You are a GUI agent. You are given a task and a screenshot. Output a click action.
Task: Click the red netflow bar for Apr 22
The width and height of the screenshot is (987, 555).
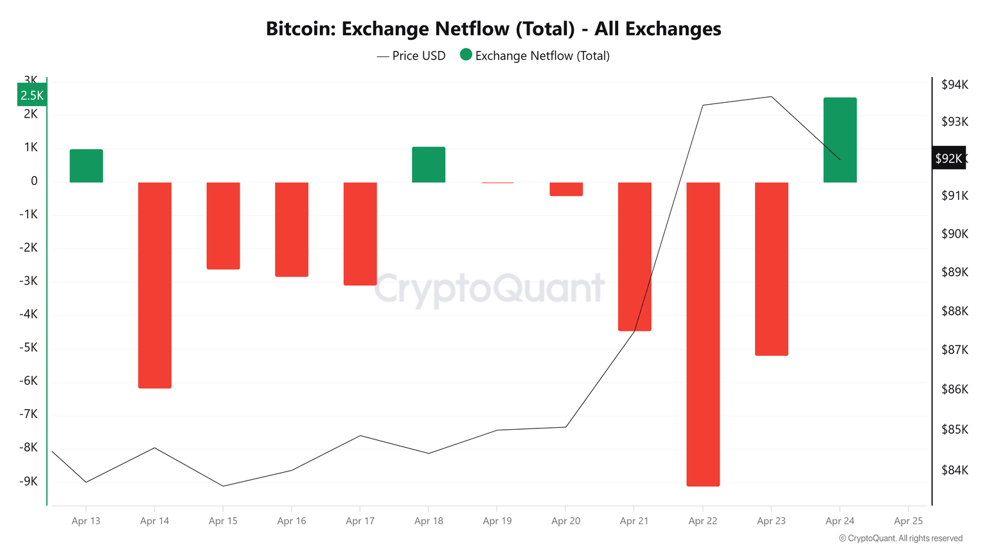pos(703,334)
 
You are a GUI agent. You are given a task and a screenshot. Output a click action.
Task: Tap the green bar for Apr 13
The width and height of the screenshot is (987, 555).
pos(86,166)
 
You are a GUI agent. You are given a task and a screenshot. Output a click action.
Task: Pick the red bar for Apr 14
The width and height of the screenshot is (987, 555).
pos(155,285)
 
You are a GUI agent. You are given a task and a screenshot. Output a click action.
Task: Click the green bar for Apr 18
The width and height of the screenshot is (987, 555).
pos(429,164)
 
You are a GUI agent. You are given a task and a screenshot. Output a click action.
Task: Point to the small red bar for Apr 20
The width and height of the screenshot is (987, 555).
pos(566,189)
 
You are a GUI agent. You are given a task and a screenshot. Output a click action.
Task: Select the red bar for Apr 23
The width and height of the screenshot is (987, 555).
pos(771,269)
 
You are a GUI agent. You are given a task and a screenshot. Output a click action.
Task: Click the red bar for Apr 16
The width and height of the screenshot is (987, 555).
pos(292,229)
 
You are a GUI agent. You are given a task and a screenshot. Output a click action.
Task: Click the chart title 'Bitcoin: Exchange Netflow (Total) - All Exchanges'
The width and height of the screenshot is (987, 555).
pos(493,29)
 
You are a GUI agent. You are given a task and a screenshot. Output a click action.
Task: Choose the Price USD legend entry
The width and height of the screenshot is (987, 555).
pos(411,56)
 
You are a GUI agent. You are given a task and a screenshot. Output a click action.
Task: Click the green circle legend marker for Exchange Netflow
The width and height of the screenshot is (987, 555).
pos(466,55)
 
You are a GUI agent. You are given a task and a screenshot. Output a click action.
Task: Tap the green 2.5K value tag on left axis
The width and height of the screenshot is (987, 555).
pos(32,95)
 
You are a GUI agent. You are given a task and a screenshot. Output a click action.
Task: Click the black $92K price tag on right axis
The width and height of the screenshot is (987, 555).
pos(948,158)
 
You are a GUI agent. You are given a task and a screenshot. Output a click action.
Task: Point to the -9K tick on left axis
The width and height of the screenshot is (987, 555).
pos(28,481)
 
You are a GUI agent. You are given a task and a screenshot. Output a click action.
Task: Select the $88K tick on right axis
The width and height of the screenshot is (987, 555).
pos(954,312)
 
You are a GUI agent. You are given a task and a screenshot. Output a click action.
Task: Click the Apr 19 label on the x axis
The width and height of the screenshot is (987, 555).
pos(497,521)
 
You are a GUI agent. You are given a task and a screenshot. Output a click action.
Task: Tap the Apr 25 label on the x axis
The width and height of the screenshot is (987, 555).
pos(908,521)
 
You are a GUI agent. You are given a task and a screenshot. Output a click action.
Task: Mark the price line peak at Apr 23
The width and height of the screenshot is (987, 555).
pos(771,97)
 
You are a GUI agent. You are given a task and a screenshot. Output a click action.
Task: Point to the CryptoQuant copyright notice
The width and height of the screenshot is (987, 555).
pos(901,538)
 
